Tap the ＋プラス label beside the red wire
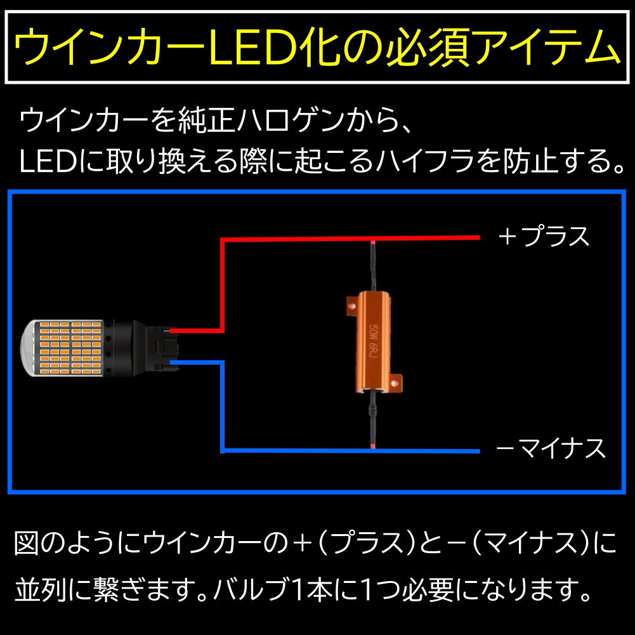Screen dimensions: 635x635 [544, 237]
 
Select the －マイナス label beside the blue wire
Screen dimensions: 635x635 [551, 448]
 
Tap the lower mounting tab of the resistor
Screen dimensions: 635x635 [397, 383]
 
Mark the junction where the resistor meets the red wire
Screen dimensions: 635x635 [372, 240]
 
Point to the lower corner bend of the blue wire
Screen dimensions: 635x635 [222, 450]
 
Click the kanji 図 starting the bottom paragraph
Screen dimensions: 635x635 [27, 542]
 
